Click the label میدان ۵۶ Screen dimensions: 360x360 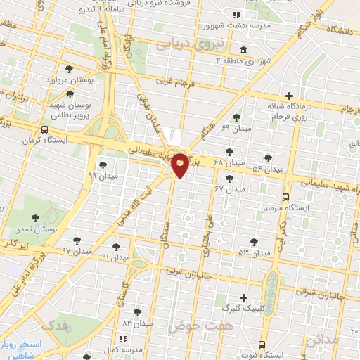[267, 169]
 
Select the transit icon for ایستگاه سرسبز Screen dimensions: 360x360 [285, 198]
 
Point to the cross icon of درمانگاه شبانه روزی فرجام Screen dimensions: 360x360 [288, 96]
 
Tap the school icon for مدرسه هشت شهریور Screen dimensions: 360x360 [236, 15]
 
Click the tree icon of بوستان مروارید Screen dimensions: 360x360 [69, 69]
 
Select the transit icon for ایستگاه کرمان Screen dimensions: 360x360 [45, 130]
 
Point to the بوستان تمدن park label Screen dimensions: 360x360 [36, 229]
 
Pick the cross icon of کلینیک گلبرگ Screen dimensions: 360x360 [244, 297]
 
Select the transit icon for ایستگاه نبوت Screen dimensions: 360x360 [262, 345]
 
